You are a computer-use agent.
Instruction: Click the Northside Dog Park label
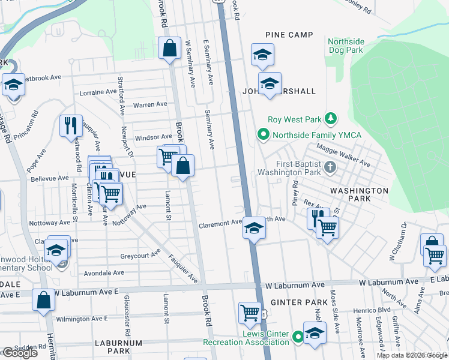(x=346, y=46)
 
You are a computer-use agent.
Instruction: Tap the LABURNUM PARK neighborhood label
(x=118, y=347)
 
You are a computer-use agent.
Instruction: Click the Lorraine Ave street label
(x=98, y=92)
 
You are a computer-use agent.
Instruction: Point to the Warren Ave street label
(x=150, y=104)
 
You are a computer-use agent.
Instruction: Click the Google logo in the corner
(x=20, y=353)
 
